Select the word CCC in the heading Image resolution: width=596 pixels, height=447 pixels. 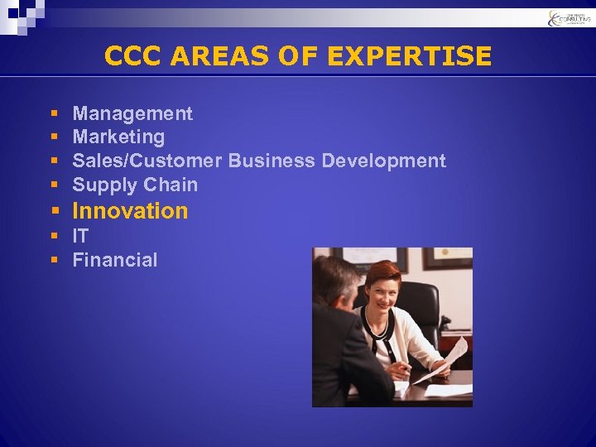click(x=132, y=56)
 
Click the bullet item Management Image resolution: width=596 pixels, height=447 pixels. click(x=132, y=113)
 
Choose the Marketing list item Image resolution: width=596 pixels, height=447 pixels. click(x=118, y=137)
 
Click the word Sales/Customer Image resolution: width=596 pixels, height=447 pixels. click(x=147, y=161)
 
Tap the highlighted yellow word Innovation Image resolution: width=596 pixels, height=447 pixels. click(x=131, y=211)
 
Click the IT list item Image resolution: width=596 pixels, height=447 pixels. click(x=80, y=236)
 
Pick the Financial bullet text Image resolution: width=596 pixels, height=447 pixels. click(x=114, y=260)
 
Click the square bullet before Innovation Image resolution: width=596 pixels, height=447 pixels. click(x=53, y=212)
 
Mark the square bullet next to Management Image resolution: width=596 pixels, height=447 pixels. click(x=53, y=114)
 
